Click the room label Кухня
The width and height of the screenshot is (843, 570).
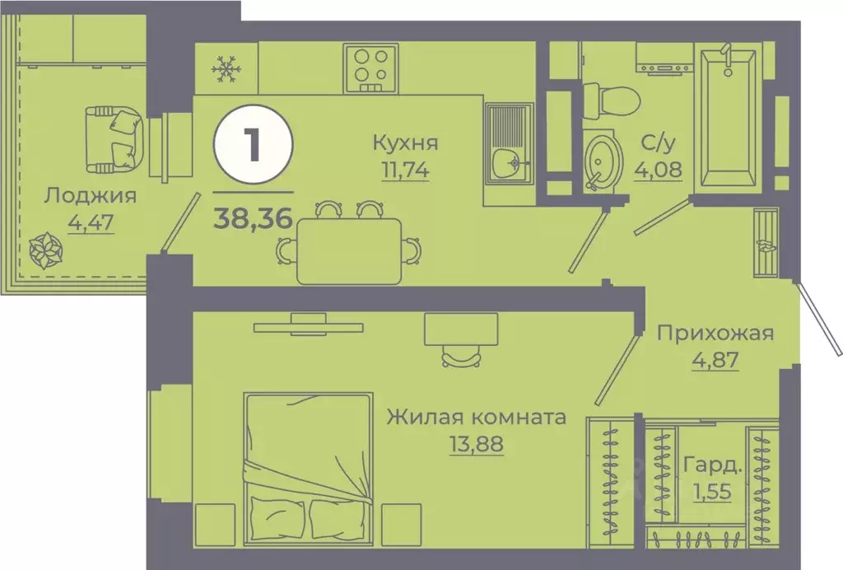[405, 142]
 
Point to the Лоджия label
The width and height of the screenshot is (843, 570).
[91, 196]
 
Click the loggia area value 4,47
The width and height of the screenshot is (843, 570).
[91, 222]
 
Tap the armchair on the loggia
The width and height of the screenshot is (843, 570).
[114, 139]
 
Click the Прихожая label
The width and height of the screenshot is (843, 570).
[715, 333]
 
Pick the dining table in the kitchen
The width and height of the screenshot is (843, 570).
[350, 250]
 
